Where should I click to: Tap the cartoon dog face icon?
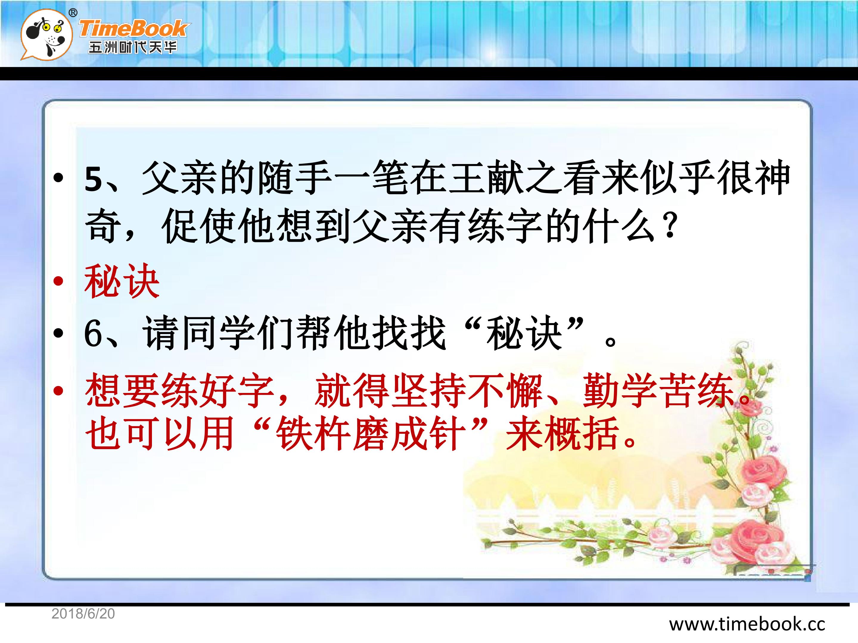(x=46, y=35)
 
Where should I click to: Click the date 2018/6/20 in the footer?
(x=83, y=614)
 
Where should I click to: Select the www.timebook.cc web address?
(x=747, y=624)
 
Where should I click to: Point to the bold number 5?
(x=94, y=179)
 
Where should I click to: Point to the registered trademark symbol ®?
(x=72, y=13)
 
